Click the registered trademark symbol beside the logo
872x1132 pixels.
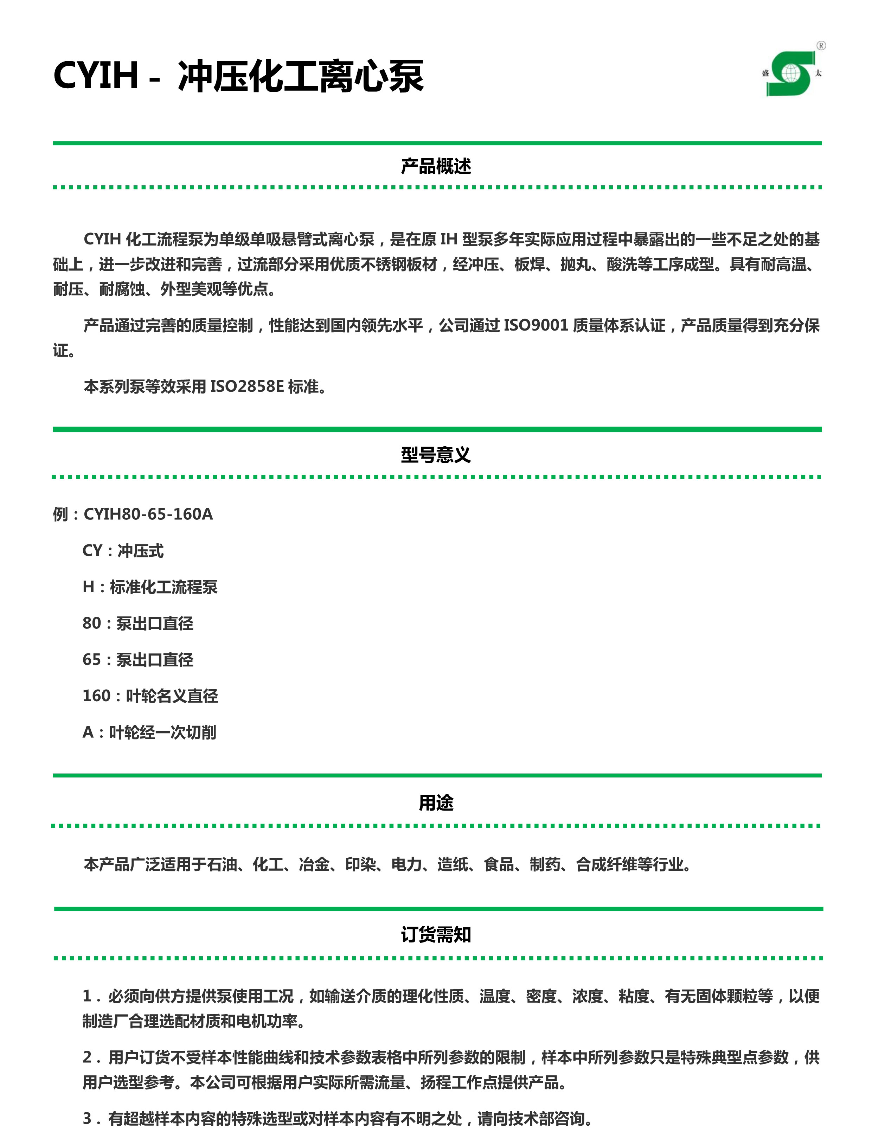point(821,46)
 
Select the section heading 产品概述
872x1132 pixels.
point(436,166)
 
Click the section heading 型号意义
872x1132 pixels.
point(436,455)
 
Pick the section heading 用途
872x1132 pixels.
point(436,802)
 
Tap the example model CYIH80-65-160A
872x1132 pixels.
point(148,514)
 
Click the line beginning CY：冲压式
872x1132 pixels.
point(123,550)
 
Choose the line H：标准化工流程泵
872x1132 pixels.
point(150,587)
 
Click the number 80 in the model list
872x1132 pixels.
point(92,623)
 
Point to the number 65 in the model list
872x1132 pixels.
point(92,659)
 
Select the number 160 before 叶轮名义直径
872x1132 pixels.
point(96,696)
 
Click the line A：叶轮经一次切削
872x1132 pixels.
point(149,732)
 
